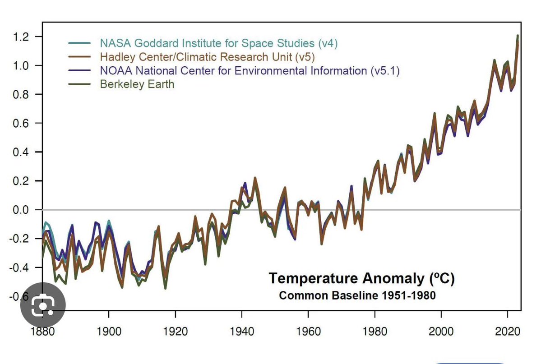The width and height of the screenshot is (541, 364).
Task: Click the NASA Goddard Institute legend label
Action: click(218, 43)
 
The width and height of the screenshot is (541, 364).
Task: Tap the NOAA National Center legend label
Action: click(250, 70)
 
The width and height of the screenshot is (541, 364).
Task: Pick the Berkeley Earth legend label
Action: click(137, 84)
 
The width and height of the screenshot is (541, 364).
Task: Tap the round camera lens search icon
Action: click(43, 305)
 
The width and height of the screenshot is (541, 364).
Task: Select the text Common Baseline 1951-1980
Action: click(357, 296)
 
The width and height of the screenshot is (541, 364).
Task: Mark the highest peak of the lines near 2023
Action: click(518, 36)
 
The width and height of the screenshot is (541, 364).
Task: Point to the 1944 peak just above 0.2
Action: click(255, 178)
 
